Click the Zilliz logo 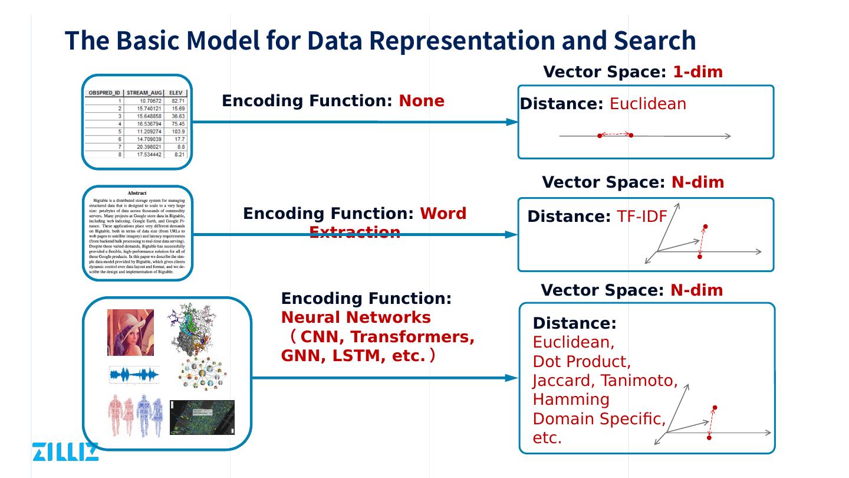tap(65, 451)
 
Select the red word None tap(422, 101)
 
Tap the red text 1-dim tap(697, 72)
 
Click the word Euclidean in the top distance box tap(647, 104)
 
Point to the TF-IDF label tap(641, 217)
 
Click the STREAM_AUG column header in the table tap(144, 93)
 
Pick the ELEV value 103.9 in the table tap(178, 131)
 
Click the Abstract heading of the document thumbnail tap(137, 193)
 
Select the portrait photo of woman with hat tap(130, 332)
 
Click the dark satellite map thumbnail tap(202, 417)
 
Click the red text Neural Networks tap(356, 317)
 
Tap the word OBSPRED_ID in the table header tap(104, 93)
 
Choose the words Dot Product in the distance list tap(581, 361)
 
